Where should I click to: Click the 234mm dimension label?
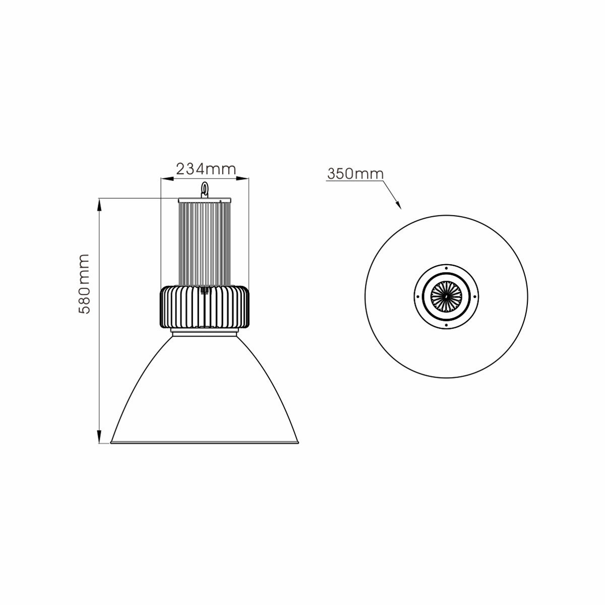coord(206,169)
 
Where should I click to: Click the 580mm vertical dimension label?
coord(84,284)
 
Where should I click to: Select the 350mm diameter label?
coord(355,173)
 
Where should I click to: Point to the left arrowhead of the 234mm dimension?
coord(167,178)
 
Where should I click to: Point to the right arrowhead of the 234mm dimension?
coord(243,178)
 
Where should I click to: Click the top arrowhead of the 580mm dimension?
coord(99,205)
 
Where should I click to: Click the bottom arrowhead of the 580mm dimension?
coord(99,437)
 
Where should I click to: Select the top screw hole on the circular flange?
coord(446,268)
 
